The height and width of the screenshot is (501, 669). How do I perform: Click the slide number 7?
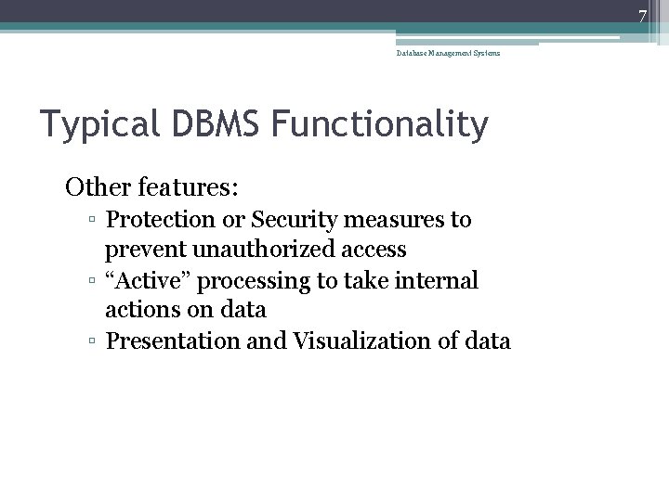(640, 15)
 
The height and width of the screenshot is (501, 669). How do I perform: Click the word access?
(374, 250)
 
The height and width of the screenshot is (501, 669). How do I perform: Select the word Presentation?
(171, 341)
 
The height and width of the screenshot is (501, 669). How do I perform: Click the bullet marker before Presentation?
(94, 341)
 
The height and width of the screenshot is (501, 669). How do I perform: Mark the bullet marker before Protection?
(94, 221)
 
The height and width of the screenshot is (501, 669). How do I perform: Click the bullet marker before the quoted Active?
(94, 281)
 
